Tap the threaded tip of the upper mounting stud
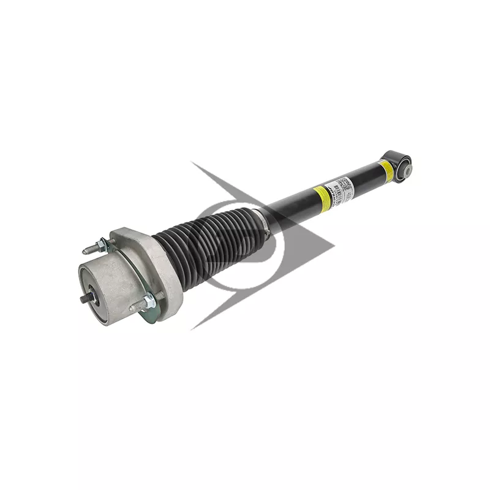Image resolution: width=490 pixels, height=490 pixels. click(86, 250)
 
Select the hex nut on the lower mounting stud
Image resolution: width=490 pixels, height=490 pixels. click(148, 302)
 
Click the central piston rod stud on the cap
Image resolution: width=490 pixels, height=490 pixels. click(85, 298)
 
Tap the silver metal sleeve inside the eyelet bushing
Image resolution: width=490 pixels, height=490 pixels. click(407, 170)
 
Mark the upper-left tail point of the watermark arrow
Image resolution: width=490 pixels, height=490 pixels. click(192, 162)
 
